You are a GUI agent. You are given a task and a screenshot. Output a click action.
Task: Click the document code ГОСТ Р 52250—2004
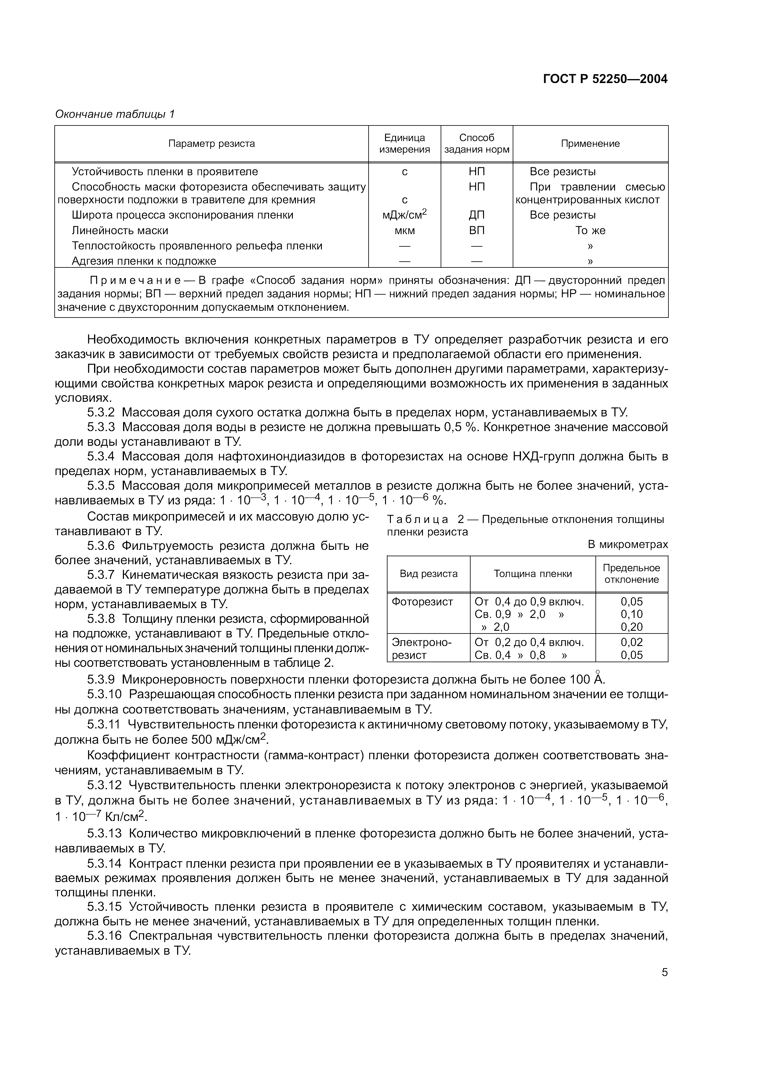(x=605, y=79)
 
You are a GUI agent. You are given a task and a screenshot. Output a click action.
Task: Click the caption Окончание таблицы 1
(x=115, y=114)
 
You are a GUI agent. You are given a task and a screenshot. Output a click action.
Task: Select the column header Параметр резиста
(x=211, y=144)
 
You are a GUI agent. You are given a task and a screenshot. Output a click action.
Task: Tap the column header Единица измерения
(x=404, y=144)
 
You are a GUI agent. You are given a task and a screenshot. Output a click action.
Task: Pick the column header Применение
(x=590, y=144)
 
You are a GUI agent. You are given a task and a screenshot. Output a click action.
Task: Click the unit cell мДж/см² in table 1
(x=404, y=215)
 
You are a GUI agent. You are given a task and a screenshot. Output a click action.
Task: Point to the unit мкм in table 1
(x=404, y=231)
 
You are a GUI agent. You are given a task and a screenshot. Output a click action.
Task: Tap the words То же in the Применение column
(x=590, y=231)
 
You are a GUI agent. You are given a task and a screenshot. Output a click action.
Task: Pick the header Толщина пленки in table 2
(x=533, y=574)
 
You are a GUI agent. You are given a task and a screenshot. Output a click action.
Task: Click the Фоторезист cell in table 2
(x=422, y=602)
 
